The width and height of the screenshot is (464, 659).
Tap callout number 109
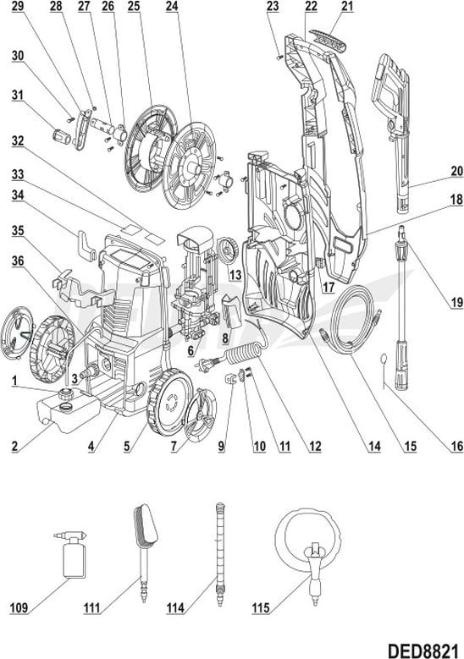pos(19,607)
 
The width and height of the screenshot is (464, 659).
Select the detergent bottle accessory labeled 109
pos(72,554)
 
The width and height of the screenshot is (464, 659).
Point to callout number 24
pos(171,6)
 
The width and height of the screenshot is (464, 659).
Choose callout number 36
pos(18,261)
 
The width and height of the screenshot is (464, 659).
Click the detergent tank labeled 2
pos(69,414)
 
